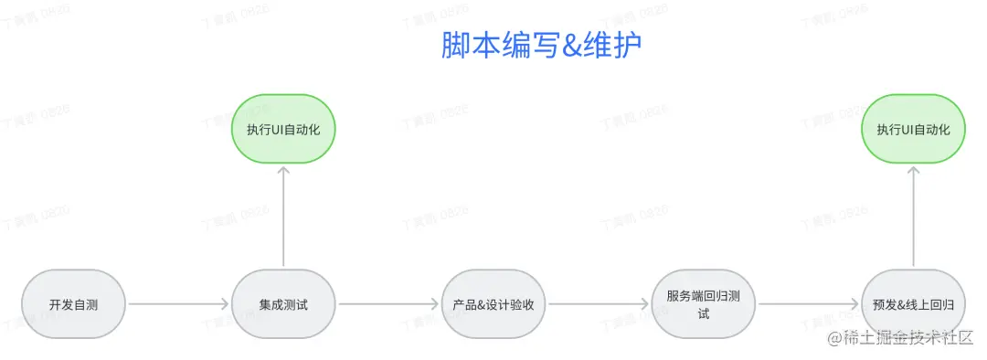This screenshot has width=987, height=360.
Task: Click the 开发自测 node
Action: tap(73, 304)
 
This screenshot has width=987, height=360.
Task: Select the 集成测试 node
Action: tap(283, 304)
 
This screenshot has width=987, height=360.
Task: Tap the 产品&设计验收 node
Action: tap(493, 304)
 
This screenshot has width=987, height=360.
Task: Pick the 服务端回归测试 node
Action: tap(704, 304)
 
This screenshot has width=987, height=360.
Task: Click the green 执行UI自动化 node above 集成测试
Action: tap(283, 129)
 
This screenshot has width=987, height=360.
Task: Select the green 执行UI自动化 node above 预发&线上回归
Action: tap(914, 129)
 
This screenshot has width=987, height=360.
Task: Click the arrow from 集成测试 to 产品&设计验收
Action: tap(388, 304)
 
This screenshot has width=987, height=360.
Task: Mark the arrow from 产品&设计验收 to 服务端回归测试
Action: tap(599, 304)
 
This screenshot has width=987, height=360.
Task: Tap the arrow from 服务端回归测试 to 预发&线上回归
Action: tap(809, 304)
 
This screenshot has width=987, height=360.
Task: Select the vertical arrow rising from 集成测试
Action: tap(283, 217)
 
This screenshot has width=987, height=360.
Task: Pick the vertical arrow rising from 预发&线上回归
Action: tap(914, 217)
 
